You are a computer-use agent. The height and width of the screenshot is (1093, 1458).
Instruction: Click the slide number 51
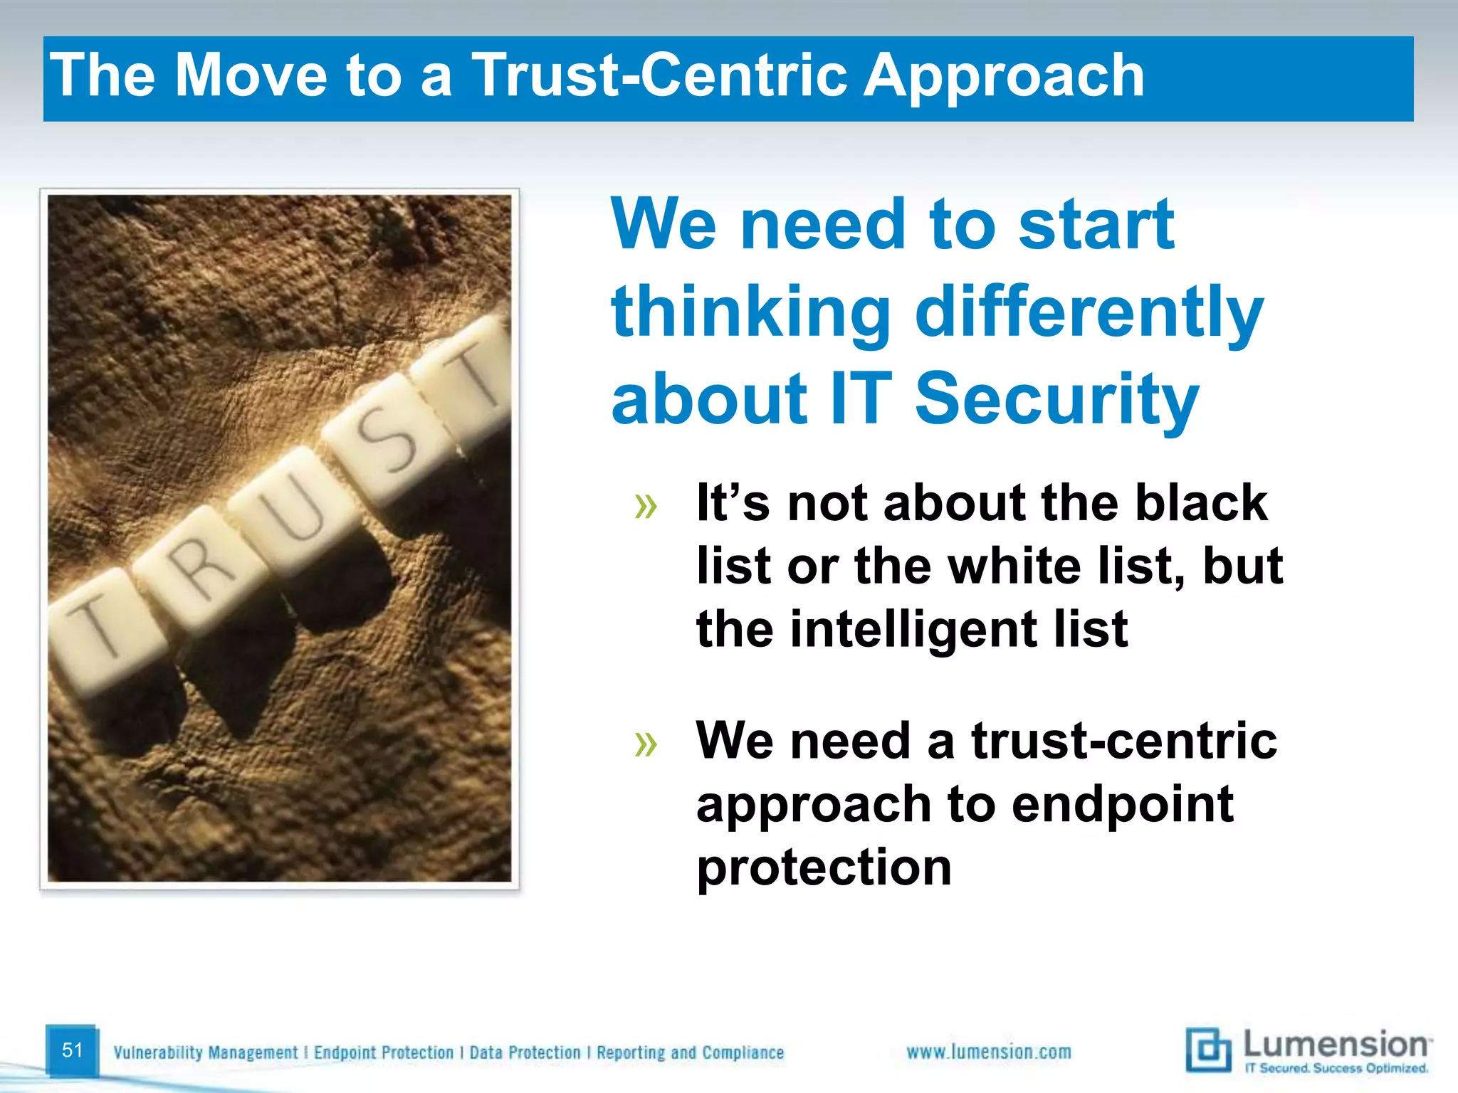(x=72, y=1050)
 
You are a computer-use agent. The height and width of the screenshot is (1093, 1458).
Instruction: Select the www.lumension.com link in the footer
(x=988, y=1052)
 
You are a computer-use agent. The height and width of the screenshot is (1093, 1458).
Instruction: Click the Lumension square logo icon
(x=1208, y=1050)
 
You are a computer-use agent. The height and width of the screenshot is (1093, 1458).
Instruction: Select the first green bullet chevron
(x=646, y=507)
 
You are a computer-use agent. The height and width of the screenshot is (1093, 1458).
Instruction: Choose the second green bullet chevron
(x=646, y=745)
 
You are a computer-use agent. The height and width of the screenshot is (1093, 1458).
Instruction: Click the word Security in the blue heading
(x=1056, y=400)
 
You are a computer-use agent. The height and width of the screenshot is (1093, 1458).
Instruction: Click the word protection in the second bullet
(x=824, y=867)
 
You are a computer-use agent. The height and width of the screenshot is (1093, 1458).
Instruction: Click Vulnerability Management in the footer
(x=206, y=1052)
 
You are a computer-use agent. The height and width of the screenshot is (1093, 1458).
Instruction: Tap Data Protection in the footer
(x=525, y=1052)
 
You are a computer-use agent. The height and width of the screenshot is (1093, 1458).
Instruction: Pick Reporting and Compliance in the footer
(x=690, y=1052)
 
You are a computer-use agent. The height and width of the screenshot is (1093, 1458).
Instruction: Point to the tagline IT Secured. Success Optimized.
(x=1336, y=1068)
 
